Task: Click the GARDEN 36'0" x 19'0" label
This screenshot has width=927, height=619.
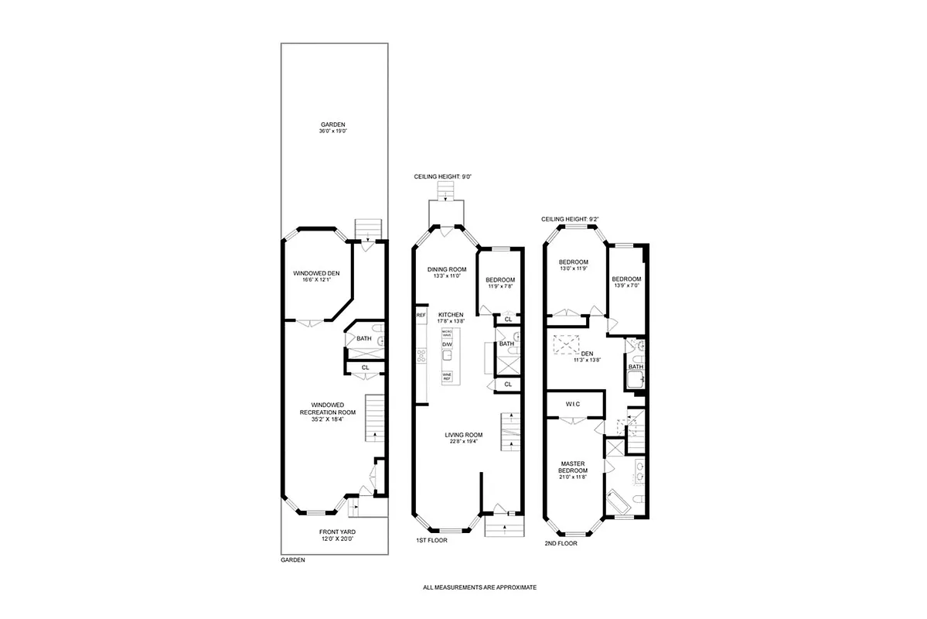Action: [333, 128]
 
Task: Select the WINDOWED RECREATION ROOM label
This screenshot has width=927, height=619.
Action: [332, 412]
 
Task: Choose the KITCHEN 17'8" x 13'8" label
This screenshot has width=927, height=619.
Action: [450, 318]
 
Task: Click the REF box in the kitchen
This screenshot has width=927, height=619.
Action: [421, 316]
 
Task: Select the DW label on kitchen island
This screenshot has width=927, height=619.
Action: [447, 344]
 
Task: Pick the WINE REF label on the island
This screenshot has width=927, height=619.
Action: [447, 378]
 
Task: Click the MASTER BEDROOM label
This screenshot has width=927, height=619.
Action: [573, 468]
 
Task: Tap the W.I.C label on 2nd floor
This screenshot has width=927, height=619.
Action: [573, 405]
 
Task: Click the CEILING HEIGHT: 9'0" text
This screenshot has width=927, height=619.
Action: [443, 177]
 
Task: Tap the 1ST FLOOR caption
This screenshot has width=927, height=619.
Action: [431, 541]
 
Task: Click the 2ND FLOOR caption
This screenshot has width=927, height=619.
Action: [561, 543]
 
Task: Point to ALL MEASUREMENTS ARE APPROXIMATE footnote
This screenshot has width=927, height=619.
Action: [479, 587]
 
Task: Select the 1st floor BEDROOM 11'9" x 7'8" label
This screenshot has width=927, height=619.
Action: [499, 283]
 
